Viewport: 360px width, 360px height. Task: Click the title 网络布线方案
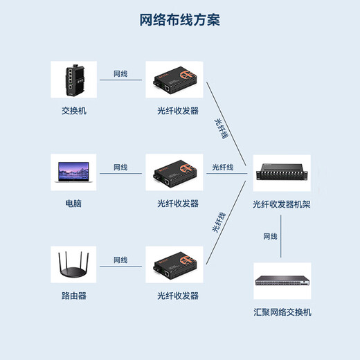click(180, 19)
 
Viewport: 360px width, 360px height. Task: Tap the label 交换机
click(74, 111)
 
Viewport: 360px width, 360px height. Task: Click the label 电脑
click(74, 204)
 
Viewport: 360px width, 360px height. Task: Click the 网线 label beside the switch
click(120, 73)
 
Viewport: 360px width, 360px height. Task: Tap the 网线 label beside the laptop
click(120, 167)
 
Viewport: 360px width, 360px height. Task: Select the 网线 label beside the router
click(120, 260)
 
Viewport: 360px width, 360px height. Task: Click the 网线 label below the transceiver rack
click(269, 236)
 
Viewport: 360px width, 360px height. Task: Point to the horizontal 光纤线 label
click(222, 167)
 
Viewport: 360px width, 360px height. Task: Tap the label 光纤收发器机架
click(282, 204)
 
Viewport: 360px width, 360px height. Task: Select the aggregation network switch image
click(282, 280)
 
